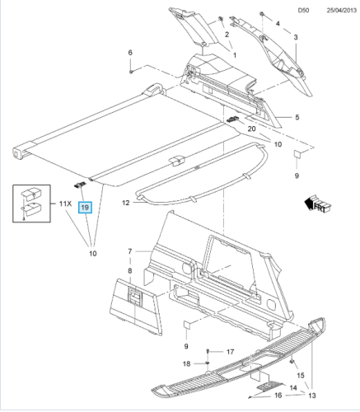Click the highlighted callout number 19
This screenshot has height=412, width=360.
(85, 208)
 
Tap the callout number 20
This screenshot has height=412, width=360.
(251, 129)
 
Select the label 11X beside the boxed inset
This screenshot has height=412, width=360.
(65, 204)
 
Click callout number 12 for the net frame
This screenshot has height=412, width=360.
(125, 203)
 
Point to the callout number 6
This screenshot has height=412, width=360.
(130, 53)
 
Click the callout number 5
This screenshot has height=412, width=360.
(297, 117)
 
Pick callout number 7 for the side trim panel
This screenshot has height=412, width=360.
(130, 251)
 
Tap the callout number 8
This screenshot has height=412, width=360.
(130, 271)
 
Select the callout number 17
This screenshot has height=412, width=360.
(230, 352)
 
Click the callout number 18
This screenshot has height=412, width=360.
(186, 363)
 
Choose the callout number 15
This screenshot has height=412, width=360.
(301, 375)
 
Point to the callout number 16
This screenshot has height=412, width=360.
(278, 396)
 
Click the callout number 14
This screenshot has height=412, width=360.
(293, 387)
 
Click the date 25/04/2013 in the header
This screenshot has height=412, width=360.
(342, 11)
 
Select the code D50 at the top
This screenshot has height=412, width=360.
(303, 11)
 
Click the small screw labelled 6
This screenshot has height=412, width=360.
(131, 72)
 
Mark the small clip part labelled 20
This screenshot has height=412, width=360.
(233, 119)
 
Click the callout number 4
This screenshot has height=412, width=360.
(278, 24)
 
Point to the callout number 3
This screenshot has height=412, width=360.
(296, 37)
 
